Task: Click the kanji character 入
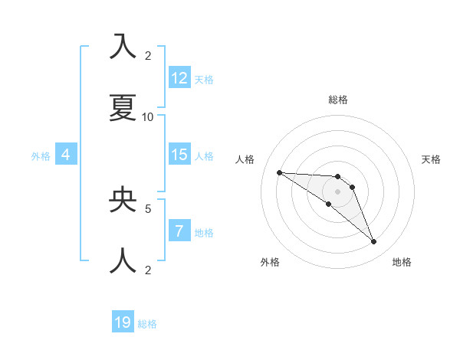tap(123, 47)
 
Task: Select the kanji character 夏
tap(123, 108)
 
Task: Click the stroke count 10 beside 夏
tap(148, 116)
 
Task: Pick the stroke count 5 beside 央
tap(148, 208)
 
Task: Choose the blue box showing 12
tap(179, 78)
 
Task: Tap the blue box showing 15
tap(179, 155)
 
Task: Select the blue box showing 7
tap(179, 231)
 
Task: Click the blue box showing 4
tap(66, 155)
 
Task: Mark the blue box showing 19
tap(123, 322)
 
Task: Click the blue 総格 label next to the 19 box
tap(147, 324)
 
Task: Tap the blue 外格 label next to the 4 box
tap(41, 156)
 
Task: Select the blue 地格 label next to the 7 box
tap(204, 233)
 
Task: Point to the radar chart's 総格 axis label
tap(338, 100)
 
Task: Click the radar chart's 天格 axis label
tap(431, 159)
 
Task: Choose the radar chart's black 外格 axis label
tap(270, 262)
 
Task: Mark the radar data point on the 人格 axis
tap(279, 172)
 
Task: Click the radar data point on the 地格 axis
tap(373, 242)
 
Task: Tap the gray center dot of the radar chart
tap(338, 191)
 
